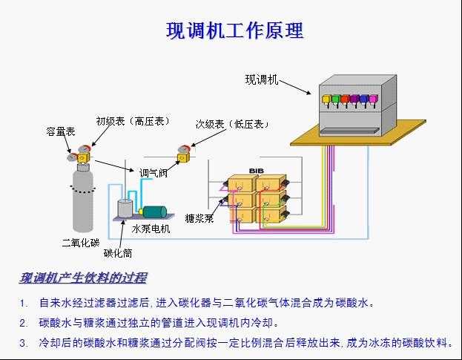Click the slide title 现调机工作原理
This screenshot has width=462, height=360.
(234, 31)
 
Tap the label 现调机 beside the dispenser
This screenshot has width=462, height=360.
(262, 79)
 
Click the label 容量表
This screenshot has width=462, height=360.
(60, 131)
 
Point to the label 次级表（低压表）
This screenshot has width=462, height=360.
(231, 124)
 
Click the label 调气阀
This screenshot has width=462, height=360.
(154, 172)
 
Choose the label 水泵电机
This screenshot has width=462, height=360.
(151, 229)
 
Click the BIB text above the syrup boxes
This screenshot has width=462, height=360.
(257, 171)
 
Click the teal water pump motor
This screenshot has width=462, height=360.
(156, 212)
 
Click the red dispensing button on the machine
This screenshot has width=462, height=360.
(326, 98)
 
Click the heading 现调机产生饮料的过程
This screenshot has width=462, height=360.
(82, 278)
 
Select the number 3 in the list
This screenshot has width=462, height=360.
(24, 343)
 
